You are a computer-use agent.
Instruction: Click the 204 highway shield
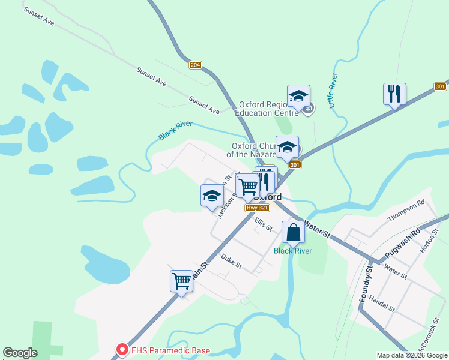(x=194, y=65)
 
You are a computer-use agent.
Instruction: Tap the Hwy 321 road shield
(x=253, y=208)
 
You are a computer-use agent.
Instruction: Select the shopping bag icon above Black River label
(x=293, y=232)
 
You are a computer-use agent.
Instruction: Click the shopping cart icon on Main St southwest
(x=181, y=281)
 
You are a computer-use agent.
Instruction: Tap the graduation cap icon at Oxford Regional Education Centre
(x=298, y=96)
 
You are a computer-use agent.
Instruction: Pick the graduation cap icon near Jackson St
(x=211, y=196)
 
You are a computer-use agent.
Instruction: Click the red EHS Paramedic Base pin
(x=122, y=349)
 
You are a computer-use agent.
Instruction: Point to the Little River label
(x=332, y=91)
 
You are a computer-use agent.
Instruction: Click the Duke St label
(x=231, y=261)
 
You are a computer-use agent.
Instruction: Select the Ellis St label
(x=263, y=225)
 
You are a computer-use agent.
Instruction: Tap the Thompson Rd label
(x=406, y=211)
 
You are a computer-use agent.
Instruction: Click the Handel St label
(x=382, y=304)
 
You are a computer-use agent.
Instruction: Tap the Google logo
(x=20, y=353)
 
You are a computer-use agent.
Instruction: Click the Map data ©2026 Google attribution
(x=412, y=355)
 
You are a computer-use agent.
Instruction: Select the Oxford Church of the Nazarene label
(x=253, y=150)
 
